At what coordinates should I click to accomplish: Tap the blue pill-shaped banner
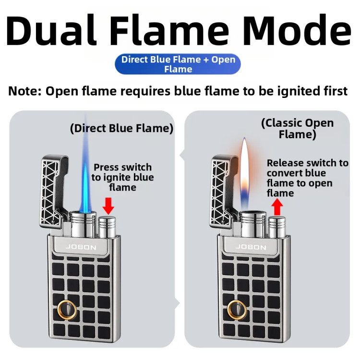point(178,64)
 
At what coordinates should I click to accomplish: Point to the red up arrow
point(277,206)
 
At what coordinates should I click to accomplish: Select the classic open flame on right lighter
point(244,173)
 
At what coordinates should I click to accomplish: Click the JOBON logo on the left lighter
point(81,247)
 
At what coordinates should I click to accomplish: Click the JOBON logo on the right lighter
point(251,247)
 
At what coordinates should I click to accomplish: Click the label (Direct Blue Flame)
point(122,128)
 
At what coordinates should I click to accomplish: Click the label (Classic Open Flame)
point(297,129)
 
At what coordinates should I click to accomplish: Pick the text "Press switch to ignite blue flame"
point(122,177)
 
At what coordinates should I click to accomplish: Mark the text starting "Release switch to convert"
point(307,178)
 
